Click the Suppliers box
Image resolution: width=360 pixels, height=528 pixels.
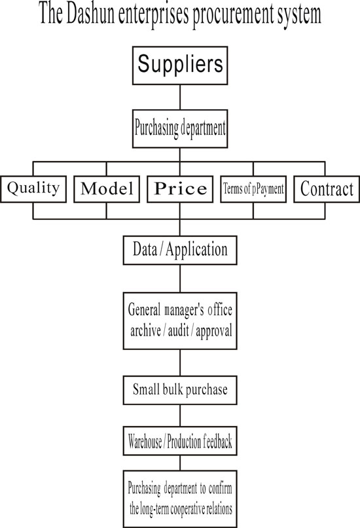pyautogui.click(x=180, y=65)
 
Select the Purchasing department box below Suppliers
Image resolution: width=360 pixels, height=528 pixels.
pyautogui.click(x=180, y=129)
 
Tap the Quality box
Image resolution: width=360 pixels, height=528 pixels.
pyautogui.click(x=33, y=189)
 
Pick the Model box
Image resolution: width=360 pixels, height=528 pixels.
pyautogui.click(x=107, y=189)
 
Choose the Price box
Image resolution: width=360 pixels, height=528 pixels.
pyautogui.click(x=180, y=189)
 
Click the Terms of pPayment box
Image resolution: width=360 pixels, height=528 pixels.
pyautogui.click(x=253, y=189)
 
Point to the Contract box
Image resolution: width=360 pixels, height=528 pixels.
pyautogui.click(x=327, y=189)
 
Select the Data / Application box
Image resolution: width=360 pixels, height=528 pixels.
pyautogui.click(x=180, y=250)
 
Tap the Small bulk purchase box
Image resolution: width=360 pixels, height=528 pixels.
pyautogui.click(x=180, y=391)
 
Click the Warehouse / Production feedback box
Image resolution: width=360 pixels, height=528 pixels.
pyautogui.click(x=180, y=441)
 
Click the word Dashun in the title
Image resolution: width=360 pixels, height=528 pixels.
pyautogui.click(x=90, y=14)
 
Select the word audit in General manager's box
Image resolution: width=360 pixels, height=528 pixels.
pyautogui.click(x=179, y=330)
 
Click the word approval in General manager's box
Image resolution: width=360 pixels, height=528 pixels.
pyautogui.click(x=214, y=332)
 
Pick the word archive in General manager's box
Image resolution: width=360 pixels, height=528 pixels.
pyautogui.click(x=145, y=330)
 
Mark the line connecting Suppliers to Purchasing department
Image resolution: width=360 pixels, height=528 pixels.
pyautogui.click(x=180, y=97)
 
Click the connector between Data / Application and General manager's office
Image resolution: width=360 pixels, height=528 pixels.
pyautogui.click(x=180, y=279)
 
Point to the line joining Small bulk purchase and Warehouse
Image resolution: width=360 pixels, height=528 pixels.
pyautogui.click(x=180, y=415)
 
